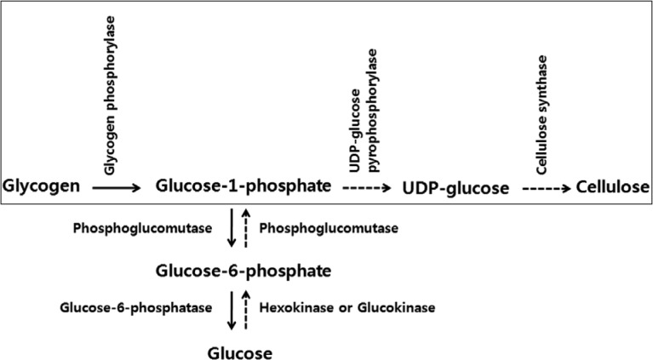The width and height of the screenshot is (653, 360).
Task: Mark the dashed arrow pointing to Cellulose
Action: (547, 186)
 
